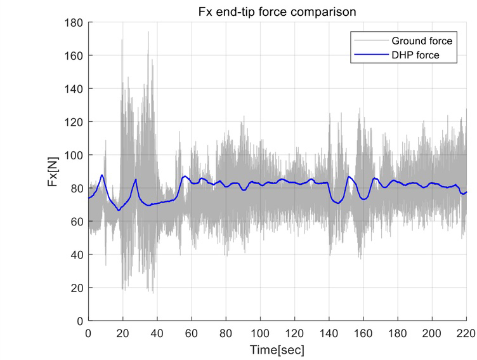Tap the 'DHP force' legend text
[x=415, y=55]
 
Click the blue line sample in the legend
[x=369, y=55]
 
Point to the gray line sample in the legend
[x=369, y=41]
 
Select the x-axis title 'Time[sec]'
[x=278, y=349]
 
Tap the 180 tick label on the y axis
[x=75, y=23]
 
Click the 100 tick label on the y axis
[x=75, y=156]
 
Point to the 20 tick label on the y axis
[x=77, y=288]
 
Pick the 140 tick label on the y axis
[x=75, y=89]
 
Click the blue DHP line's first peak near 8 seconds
[x=102, y=175]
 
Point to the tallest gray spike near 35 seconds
[x=148, y=32]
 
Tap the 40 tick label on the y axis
[x=77, y=255]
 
